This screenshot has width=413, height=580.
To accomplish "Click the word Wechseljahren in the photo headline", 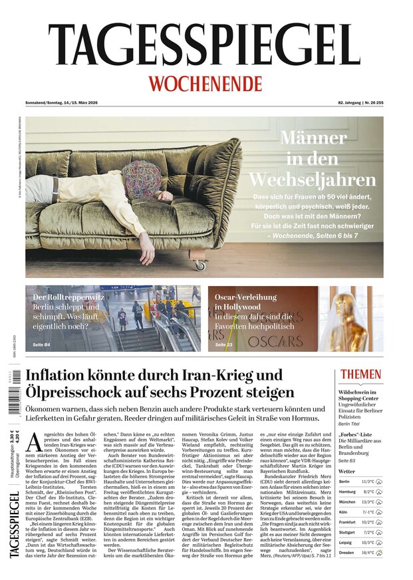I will tap(313, 180).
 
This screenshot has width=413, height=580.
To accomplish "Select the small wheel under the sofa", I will tap(200, 265).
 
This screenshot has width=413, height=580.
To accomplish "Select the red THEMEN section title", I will tap(360, 374).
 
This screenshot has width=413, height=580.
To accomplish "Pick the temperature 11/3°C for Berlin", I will tap(367, 481).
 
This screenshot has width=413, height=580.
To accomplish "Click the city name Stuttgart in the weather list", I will tap(347, 531).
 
